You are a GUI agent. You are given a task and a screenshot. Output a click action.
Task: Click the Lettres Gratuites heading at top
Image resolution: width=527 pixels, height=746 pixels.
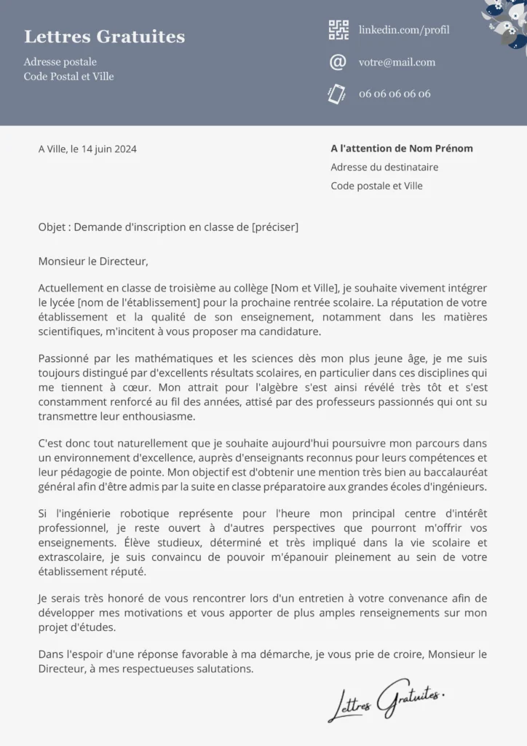point(104,36)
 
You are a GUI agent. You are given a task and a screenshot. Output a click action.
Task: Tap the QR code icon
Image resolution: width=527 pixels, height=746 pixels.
point(338,30)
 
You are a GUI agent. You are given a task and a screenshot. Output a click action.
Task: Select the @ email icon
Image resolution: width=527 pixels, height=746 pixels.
point(338,63)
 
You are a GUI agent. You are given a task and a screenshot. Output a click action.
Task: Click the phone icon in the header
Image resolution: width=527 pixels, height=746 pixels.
point(336,93)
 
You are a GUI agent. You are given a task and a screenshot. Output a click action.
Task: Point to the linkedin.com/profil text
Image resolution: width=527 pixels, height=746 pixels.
point(404,30)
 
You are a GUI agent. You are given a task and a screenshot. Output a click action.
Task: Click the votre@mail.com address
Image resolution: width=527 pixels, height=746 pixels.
point(397,63)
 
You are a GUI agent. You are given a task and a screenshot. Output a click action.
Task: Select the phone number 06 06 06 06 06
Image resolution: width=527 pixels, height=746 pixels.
point(395,94)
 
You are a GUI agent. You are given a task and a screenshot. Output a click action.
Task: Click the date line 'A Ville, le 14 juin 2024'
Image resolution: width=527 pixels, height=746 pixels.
point(87,149)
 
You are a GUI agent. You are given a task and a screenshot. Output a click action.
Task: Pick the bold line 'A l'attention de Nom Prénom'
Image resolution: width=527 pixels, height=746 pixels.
point(402,149)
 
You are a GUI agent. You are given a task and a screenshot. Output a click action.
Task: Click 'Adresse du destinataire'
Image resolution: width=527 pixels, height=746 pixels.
point(384,168)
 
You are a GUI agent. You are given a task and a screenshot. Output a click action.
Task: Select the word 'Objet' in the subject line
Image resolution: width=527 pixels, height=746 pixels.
point(52,227)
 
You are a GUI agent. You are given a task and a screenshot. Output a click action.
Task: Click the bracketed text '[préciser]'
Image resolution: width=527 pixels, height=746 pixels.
point(274,227)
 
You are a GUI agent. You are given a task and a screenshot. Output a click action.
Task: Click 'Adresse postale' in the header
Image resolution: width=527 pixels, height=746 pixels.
point(60,62)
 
